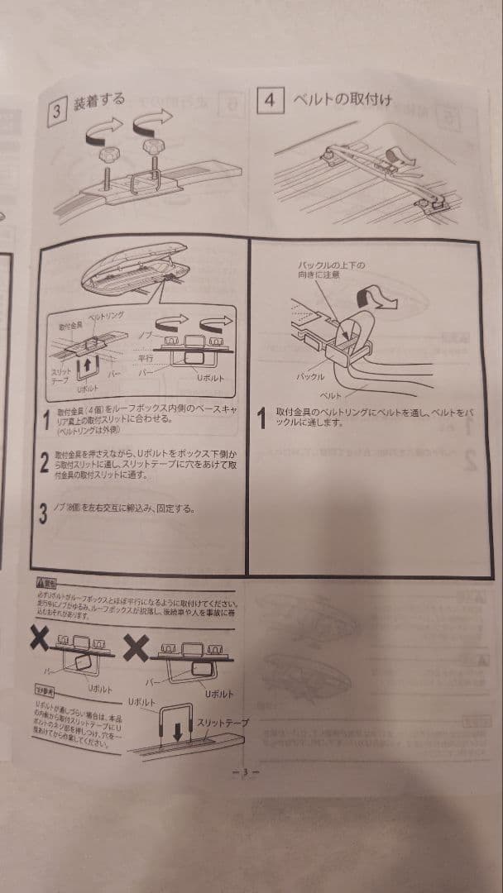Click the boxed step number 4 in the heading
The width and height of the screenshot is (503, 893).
(x=270, y=100)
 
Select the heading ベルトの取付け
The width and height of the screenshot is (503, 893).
(x=340, y=100)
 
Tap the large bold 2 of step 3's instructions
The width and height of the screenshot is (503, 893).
(x=46, y=464)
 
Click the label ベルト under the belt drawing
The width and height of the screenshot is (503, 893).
(x=331, y=398)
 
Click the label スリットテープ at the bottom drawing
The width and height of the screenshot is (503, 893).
(x=222, y=723)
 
